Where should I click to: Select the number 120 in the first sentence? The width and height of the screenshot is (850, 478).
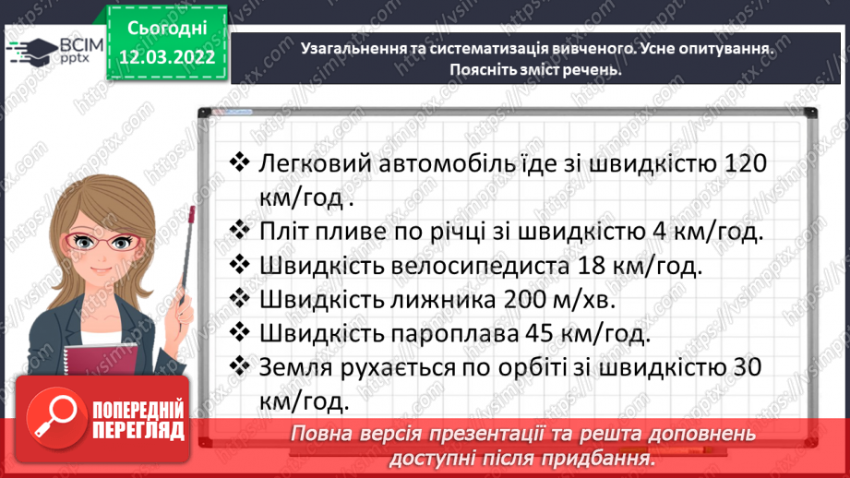click(x=741, y=164)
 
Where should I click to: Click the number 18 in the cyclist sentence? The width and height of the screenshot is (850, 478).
click(x=587, y=266)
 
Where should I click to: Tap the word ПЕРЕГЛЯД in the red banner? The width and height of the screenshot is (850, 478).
click(x=138, y=430)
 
